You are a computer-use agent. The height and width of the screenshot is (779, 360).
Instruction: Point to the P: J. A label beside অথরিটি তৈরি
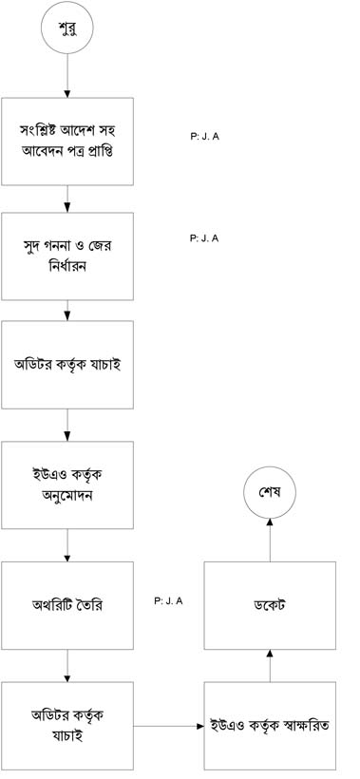pos(168,601)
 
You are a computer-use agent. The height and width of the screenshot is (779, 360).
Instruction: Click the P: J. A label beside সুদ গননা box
pos(204,237)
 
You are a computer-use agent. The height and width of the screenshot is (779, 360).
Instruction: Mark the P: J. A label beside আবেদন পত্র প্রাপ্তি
pos(204,137)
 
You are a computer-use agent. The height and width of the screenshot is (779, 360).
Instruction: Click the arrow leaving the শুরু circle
pos(67,75)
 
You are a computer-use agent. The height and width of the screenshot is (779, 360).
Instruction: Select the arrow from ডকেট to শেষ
pos(270,541)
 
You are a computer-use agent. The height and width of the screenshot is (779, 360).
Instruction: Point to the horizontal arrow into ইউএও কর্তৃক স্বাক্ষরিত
pos(168,727)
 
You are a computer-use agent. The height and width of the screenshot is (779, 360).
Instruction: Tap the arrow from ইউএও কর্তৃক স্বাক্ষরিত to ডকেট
pos(270,666)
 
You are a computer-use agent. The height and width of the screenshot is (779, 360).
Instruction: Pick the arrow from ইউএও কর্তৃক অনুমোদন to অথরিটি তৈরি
pos(67,545)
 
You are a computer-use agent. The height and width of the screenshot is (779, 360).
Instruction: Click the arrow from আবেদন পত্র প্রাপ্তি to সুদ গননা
pos(67,199)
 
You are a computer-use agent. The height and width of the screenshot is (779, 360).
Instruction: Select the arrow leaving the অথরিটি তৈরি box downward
pos(67,666)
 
